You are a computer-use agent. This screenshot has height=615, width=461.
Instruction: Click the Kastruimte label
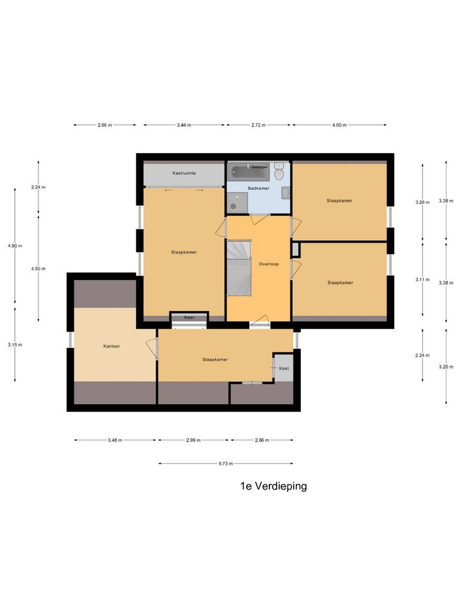184,173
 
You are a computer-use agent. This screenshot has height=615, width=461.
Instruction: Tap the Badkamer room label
259,188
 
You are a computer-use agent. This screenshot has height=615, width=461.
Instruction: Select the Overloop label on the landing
268,264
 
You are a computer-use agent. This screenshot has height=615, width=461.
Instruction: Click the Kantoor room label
112,346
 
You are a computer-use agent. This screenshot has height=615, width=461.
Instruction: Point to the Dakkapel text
259,166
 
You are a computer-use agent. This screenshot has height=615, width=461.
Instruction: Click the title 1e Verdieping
273,486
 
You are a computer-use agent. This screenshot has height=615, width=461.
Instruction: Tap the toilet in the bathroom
279,173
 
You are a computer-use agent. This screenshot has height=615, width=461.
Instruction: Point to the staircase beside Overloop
238,267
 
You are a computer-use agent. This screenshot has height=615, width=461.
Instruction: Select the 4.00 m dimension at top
339,125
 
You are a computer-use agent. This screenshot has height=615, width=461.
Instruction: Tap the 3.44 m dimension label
184,125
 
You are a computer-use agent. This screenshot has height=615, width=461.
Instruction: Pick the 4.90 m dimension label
14,246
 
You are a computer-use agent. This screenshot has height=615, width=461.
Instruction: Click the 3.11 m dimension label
422,279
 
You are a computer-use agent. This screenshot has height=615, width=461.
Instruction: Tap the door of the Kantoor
151,348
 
